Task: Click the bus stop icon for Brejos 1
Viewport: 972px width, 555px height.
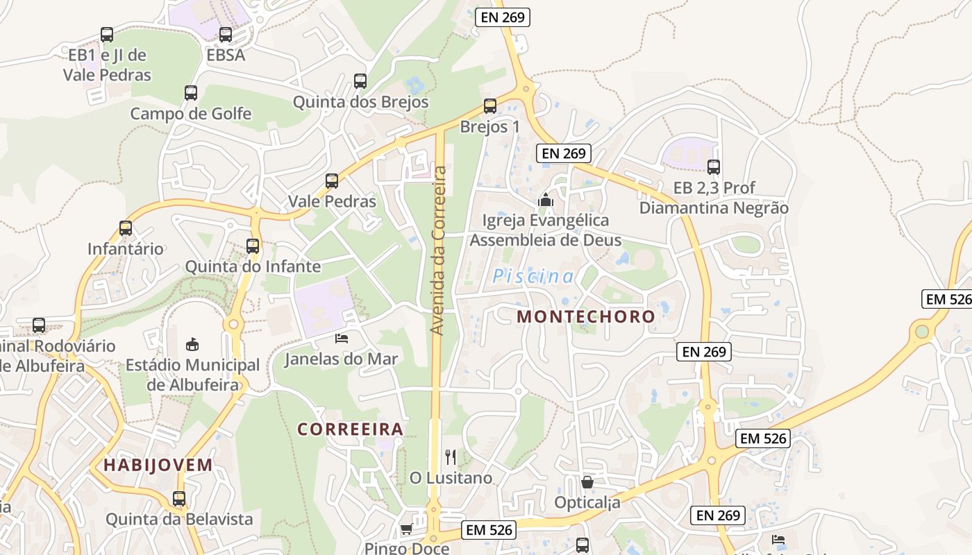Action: coord(490,106)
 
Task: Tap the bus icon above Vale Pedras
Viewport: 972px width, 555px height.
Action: coord(332,181)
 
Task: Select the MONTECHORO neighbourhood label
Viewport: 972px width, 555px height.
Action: coord(586,317)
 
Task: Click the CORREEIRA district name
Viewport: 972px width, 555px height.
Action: coord(351,429)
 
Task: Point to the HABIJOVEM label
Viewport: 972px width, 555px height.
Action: coord(158,466)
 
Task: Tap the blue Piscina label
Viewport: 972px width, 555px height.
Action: coord(533,277)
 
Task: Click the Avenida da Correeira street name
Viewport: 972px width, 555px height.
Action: coord(438,250)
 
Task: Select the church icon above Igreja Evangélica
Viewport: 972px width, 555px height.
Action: coord(546,200)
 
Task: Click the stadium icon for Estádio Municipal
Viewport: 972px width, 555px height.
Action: coord(192,344)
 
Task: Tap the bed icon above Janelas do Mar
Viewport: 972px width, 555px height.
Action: coord(342,339)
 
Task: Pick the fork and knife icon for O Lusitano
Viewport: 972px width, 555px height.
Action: coord(451,457)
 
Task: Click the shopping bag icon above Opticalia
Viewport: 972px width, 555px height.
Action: coord(587,481)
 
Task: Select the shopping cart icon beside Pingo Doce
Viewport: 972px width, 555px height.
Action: coord(406,529)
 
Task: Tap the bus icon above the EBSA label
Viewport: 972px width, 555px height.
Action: coord(226,35)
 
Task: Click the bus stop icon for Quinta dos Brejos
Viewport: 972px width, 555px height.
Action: coord(360,80)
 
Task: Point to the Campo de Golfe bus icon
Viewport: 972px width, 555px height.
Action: coord(190,92)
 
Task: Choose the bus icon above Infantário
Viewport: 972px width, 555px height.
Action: coord(126,228)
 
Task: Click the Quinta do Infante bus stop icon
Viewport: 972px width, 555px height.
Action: coord(253,246)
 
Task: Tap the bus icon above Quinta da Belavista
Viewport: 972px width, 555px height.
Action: coord(179,498)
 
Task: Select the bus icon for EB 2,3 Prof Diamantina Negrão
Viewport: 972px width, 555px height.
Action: coord(714,166)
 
